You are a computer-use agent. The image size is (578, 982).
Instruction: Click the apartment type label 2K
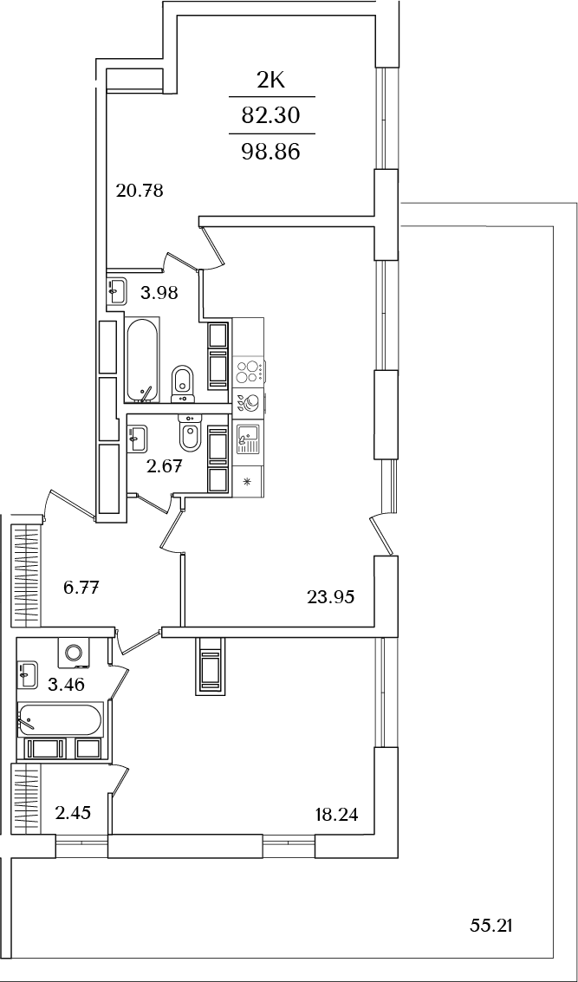pos(271,81)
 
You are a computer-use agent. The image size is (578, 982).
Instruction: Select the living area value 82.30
pos(271,115)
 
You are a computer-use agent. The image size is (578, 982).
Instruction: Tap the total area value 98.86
pos(271,153)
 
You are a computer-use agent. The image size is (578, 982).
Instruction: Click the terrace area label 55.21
pos(491,926)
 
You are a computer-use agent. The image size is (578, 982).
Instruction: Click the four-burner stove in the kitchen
pos(249,371)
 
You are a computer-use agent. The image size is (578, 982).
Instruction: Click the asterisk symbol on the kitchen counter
pos(247,482)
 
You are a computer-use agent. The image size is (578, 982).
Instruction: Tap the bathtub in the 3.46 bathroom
pos(59,719)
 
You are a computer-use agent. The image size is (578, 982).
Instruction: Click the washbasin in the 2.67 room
pos(136,435)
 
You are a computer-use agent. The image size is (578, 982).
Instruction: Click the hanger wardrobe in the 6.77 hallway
pos(25,572)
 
